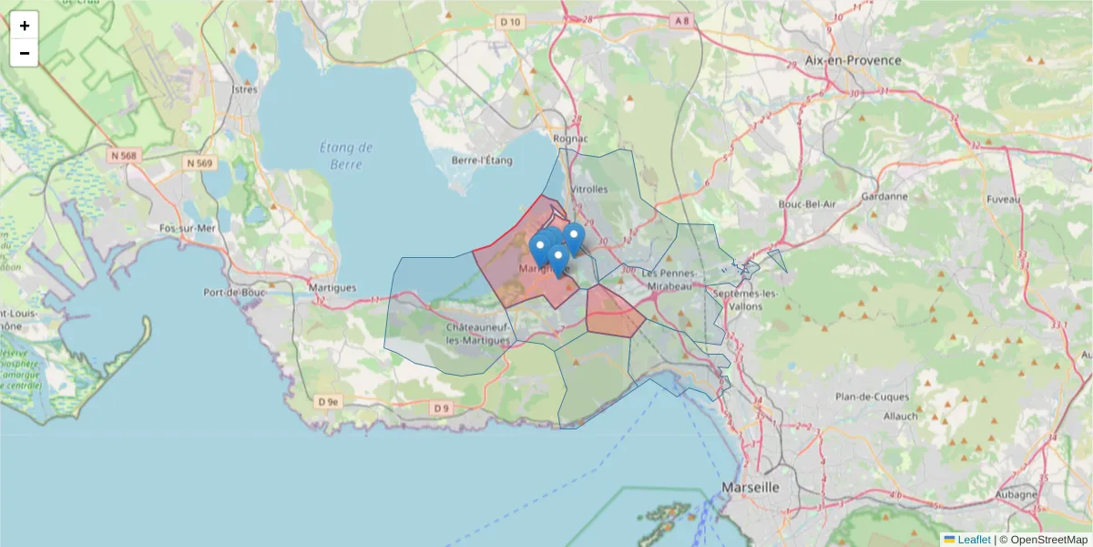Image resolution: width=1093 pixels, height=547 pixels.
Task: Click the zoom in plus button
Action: tap(25, 26)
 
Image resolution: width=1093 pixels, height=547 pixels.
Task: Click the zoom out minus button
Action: tap(25, 53)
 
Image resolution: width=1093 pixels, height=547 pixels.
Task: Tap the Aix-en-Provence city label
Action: tap(853, 60)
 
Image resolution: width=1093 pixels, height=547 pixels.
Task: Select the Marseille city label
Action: tap(751, 488)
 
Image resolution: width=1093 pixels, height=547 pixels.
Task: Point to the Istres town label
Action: tap(246, 89)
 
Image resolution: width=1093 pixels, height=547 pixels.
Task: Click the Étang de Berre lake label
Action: tap(347, 156)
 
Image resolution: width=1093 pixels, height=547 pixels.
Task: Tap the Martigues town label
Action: tap(332, 288)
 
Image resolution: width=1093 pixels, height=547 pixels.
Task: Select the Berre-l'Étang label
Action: tap(483, 160)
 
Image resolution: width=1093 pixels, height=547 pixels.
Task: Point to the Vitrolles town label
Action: tap(588, 189)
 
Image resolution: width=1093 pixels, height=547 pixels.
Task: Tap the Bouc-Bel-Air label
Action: tap(807, 204)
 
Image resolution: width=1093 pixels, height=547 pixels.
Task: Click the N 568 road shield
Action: tap(123, 156)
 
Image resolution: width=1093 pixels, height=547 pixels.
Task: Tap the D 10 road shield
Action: tap(511, 22)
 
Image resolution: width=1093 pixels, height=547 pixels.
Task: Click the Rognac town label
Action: tap(570, 139)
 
